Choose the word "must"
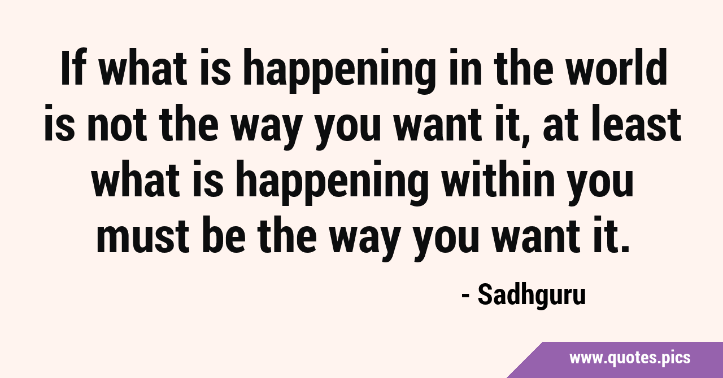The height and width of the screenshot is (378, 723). click(x=143, y=235)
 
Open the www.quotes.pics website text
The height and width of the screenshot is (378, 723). click(x=630, y=358)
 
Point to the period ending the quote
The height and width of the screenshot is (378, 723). click(x=625, y=248)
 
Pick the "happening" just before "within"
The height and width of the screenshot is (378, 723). click(x=333, y=182)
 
